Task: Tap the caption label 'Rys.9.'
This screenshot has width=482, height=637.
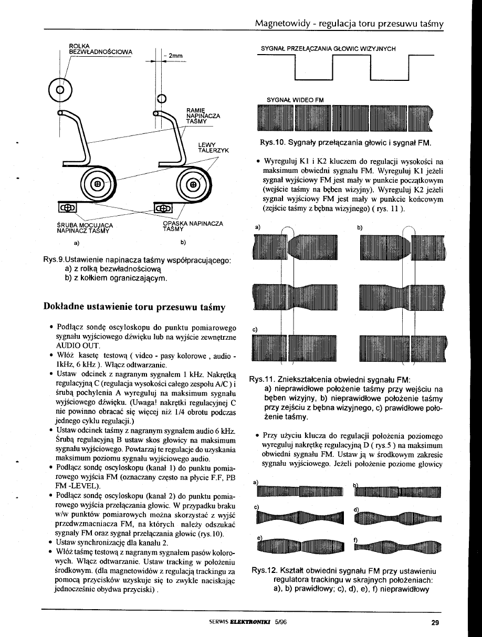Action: pos(57,260)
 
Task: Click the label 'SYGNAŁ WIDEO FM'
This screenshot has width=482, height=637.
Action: pos(295,99)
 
